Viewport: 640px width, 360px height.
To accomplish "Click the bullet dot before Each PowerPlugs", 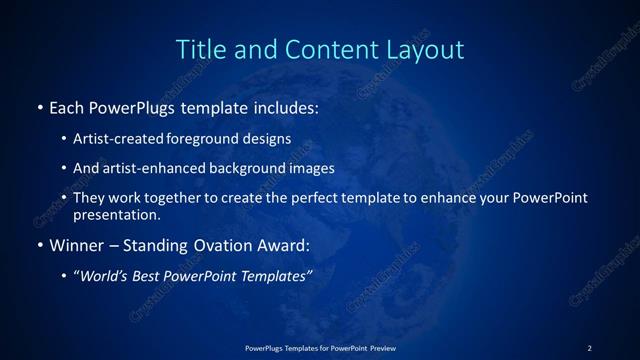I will [38, 105].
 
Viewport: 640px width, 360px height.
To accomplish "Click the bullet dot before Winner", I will [38, 245].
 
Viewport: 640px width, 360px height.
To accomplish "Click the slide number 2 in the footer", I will [589, 347].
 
